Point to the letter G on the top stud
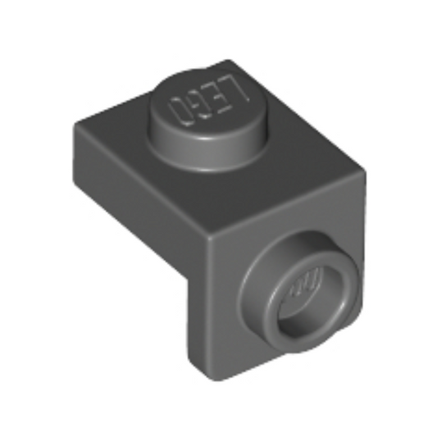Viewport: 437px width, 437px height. click(x=196, y=105)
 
